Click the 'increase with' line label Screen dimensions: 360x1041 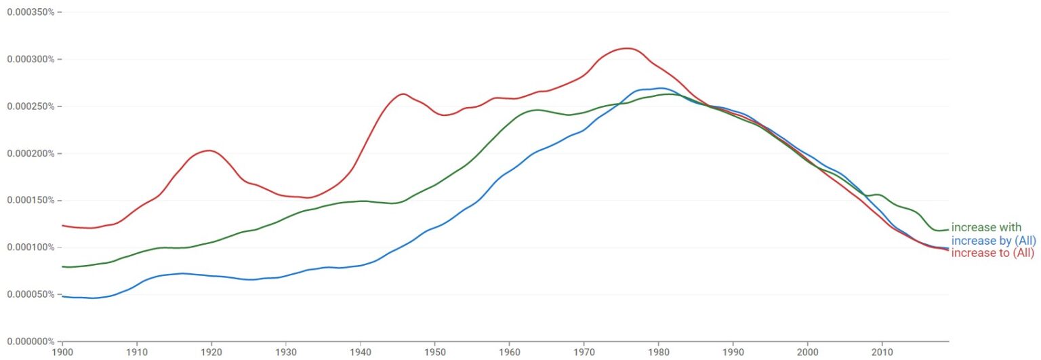coord(986,227)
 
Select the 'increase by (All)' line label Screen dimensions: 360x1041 coord(994,241)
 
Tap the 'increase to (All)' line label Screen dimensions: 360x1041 coord(993,254)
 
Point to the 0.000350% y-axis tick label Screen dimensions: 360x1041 coord(30,12)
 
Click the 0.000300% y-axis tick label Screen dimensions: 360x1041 coord(30,60)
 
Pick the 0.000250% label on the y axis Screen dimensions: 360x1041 coord(30,106)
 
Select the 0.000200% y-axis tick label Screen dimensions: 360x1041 coord(30,154)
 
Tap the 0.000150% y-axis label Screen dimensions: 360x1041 coord(30,201)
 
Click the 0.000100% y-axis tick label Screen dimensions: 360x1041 coord(30,247)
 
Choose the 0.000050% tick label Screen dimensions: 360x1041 coord(30,294)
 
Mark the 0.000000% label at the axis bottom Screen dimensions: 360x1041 coord(30,341)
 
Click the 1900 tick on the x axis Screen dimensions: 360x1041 coord(62,353)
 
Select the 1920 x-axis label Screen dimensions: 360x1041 coord(211,353)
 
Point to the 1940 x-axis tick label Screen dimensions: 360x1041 coord(360,353)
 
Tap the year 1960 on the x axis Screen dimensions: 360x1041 coord(509,353)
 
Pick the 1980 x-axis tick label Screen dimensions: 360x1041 coord(658,353)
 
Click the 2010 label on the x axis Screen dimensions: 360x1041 coord(882,353)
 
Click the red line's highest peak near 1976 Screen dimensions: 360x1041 coord(628,48)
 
